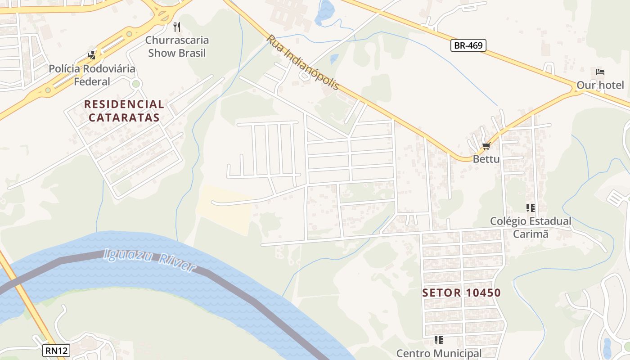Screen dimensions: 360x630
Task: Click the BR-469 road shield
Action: click(468, 45)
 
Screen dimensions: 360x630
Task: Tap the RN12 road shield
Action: click(56, 351)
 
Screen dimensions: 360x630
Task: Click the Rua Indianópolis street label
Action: click(302, 62)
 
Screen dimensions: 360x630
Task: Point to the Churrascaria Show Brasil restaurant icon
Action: click(177, 27)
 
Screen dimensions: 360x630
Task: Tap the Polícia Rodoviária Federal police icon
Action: click(92, 55)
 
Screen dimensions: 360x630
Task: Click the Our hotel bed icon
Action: click(600, 72)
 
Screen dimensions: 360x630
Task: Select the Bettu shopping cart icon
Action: click(486, 146)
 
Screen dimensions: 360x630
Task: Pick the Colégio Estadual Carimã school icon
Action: click(530, 208)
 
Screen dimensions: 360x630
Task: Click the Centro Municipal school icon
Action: click(439, 340)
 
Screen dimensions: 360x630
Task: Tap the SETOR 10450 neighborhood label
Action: click(461, 293)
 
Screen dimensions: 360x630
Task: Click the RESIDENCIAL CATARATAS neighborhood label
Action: click(124, 111)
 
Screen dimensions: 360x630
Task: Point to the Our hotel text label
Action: click(600, 85)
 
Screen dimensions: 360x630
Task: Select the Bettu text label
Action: click(486, 159)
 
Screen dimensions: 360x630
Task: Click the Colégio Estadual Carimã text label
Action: click(531, 227)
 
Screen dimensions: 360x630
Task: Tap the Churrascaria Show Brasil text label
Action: click(177, 46)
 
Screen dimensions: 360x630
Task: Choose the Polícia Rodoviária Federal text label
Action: click(92, 75)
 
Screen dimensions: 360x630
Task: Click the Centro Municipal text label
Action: click(439, 353)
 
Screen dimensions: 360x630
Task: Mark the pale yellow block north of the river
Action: click(224, 209)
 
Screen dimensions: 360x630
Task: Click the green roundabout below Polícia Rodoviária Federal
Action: click(136, 84)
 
